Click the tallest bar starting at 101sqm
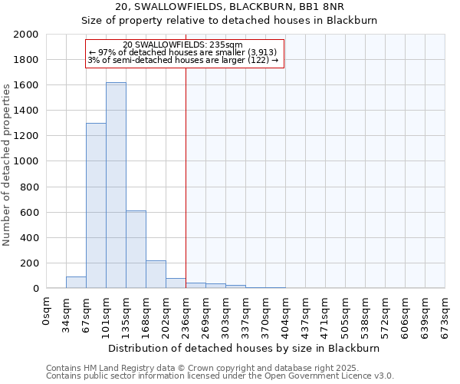(x=116, y=185)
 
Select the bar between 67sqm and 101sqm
(x=96, y=206)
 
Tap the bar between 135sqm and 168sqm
(x=136, y=250)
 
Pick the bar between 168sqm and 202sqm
(x=156, y=274)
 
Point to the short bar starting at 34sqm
(x=76, y=282)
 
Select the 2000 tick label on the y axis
(x=26, y=35)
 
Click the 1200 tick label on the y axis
(x=26, y=136)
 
